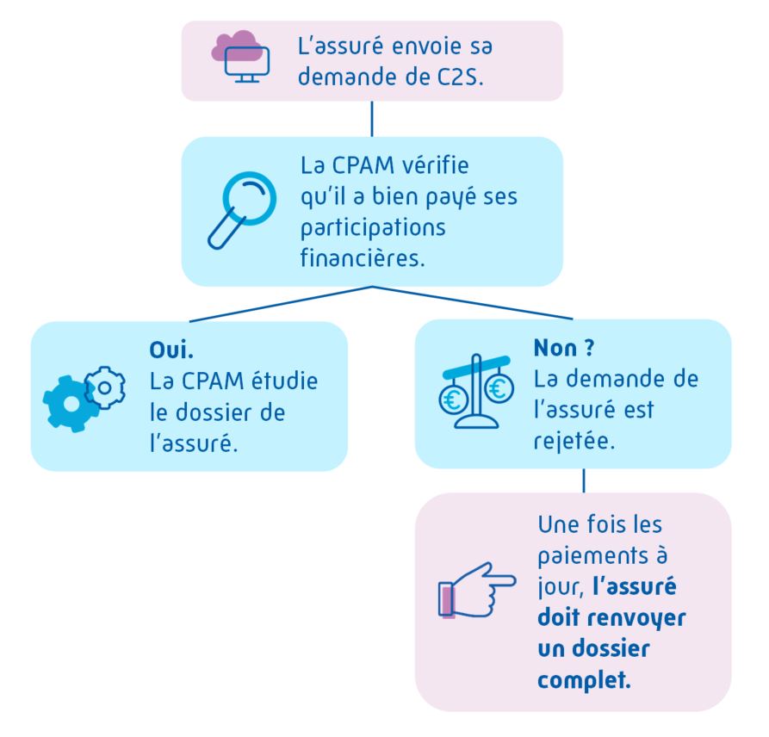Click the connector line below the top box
tap(371, 119)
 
